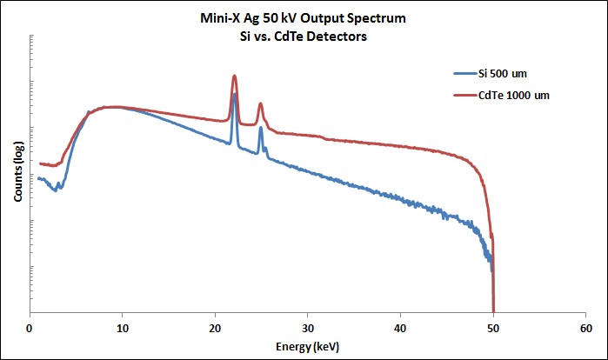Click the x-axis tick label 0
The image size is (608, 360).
click(30, 328)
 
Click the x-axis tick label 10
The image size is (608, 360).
click(123, 328)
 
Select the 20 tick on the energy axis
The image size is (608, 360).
click(215, 328)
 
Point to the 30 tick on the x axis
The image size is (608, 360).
click(308, 328)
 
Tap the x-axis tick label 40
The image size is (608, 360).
click(401, 328)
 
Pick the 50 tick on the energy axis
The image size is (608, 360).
click(493, 328)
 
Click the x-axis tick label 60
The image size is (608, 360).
click(586, 328)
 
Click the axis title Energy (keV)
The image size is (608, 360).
click(309, 346)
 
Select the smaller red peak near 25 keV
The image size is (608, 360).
click(260, 103)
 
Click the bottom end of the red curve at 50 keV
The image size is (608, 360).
click(493, 309)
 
